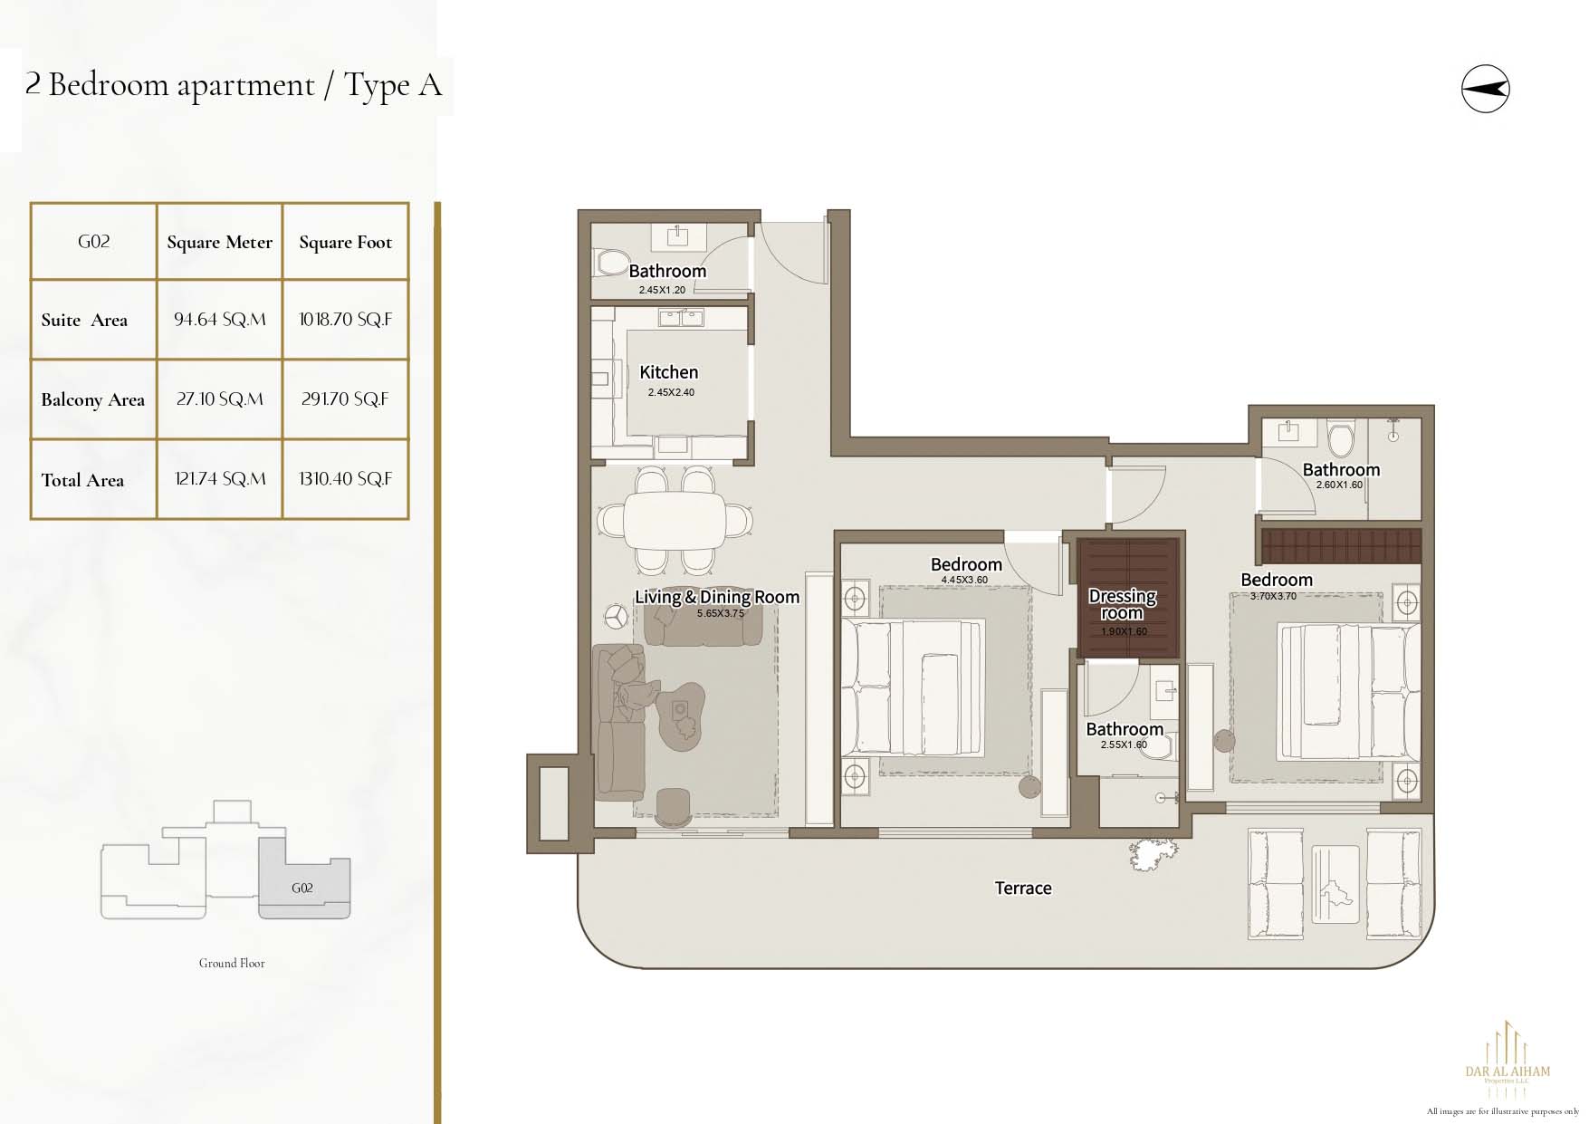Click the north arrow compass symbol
tap(1485, 89)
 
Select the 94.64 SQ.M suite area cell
tap(220, 320)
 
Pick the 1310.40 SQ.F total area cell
tap(346, 479)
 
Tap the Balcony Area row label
tap(92, 400)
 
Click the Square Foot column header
tap(346, 242)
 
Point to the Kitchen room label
tap(669, 372)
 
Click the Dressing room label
tap(1123, 604)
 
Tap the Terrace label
tap(1023, 889)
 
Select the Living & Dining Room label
tap(717, 597)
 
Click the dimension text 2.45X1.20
tap(662, 291)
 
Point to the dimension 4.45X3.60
tap(964, 580)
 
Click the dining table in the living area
tap(675, 520)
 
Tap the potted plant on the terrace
tap(1153, 852)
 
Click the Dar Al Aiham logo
tap(1508, 1061)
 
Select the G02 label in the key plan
tap(302, 889)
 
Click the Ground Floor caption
tap(232, 964)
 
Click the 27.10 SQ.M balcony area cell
tap(220, 399)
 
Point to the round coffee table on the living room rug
tap(681, 716)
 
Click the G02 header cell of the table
tap(94, 242)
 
